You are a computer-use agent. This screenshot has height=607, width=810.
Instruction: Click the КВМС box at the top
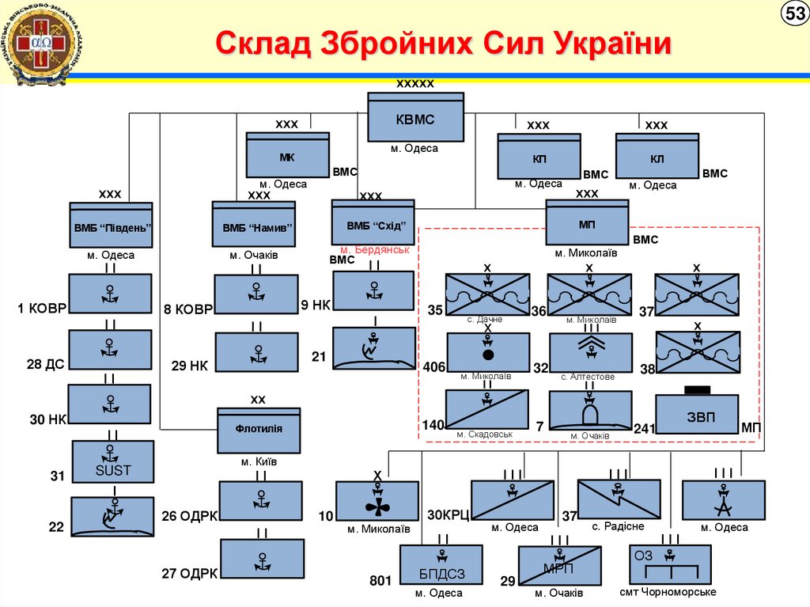click(415, 118)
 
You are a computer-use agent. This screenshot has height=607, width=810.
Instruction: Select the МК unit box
click(287, 155)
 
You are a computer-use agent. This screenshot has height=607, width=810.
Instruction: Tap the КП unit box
click(539, 157)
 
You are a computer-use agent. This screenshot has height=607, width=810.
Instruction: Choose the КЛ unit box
click(657, 157)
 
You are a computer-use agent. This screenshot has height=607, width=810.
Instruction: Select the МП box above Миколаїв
click(587, 223)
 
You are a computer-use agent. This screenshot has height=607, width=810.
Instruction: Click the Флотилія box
click(259, 431)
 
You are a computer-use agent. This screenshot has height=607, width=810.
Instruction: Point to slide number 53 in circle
click(793, 15)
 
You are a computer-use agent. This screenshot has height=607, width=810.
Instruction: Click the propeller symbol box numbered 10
click(377, 501)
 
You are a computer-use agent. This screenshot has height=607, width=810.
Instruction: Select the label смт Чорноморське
click(668, 592)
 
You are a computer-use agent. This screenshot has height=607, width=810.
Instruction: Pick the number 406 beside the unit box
click(433, 367)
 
